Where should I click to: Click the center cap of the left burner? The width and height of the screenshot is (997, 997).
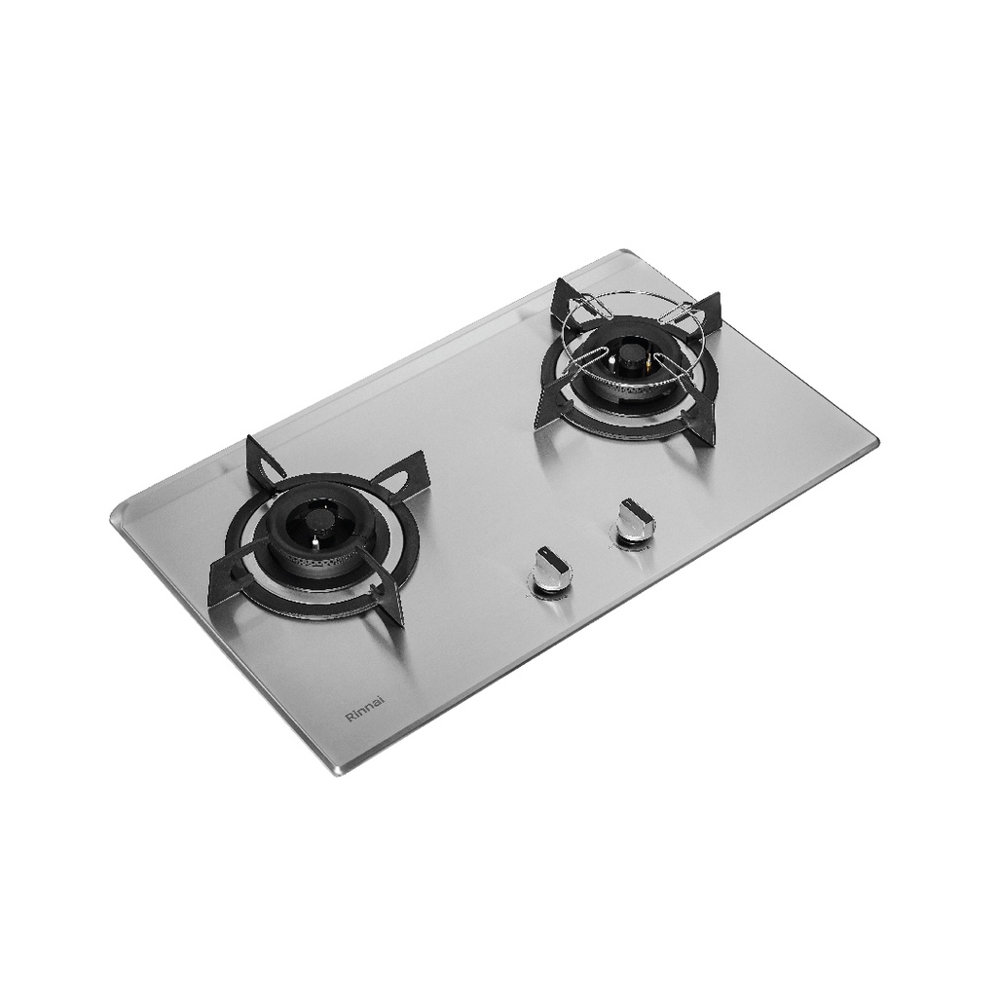tap(317, 522)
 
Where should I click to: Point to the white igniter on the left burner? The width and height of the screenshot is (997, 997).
tap(314, 541)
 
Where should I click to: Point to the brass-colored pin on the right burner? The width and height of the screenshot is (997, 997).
tap(648, 368)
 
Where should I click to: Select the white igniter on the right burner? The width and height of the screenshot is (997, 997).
tap(611, 363)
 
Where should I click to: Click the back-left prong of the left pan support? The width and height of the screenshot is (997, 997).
tap(264, 461)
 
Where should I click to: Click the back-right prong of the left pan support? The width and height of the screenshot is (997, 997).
tap(394, 474)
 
